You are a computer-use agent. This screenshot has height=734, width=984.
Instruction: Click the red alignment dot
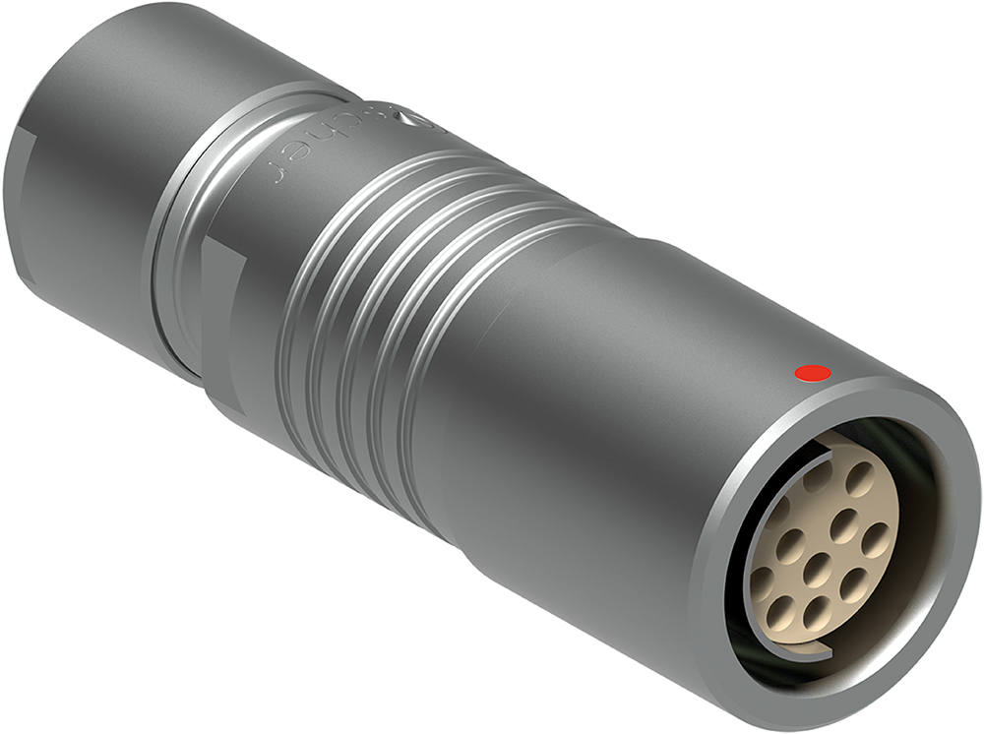813,373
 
